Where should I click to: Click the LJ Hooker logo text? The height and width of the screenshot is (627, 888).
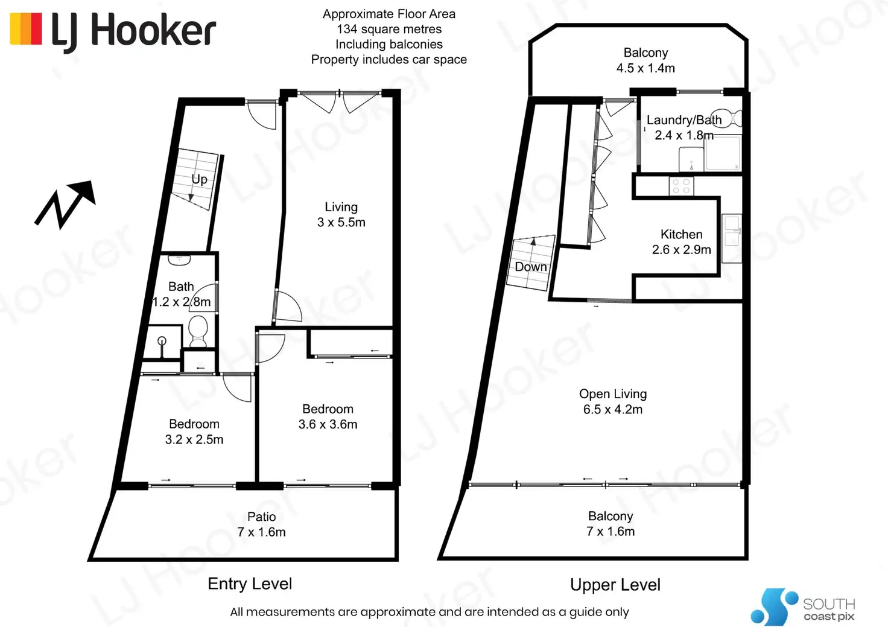coord(133,31)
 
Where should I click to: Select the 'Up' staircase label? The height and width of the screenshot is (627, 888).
coord(199,179)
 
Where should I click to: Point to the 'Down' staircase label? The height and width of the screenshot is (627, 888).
coord(531,267)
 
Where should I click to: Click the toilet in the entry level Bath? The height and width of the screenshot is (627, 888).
coord(198,331)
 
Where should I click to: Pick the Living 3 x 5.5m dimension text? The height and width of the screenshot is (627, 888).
coord(341,222)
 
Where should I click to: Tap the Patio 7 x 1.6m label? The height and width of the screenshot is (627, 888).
coord(261,524)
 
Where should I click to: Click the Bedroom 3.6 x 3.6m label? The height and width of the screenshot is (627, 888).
coord(328,417)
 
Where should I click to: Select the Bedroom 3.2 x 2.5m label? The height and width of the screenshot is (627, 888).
coord(194,432)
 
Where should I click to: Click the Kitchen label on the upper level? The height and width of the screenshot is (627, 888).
coord(681,234)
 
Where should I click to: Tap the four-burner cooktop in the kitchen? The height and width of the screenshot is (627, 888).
coord(681,186)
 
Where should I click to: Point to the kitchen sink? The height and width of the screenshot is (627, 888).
coord(732,231)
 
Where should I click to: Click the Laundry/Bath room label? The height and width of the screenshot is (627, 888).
coord(683,120)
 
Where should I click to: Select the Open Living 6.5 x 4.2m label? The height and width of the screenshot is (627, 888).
coord(613,401)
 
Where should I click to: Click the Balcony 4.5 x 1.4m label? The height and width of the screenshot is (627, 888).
coord(645,60)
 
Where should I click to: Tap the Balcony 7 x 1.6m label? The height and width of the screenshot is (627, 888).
coord(610,524)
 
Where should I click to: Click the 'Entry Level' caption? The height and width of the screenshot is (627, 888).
coord(250,584)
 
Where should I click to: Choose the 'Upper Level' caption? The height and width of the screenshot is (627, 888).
coord(615,585)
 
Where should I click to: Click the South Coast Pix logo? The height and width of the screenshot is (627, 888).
coord(803,607)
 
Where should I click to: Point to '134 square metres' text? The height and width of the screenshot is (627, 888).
coord(389,29)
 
